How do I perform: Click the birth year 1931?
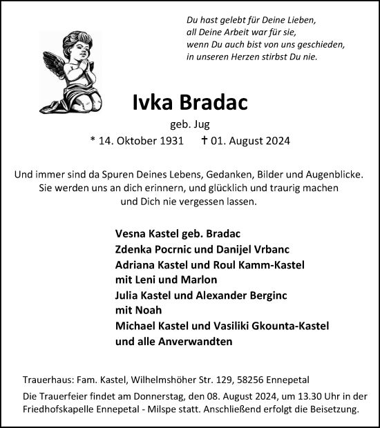(169, 141)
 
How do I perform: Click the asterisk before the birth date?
(93, 141)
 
